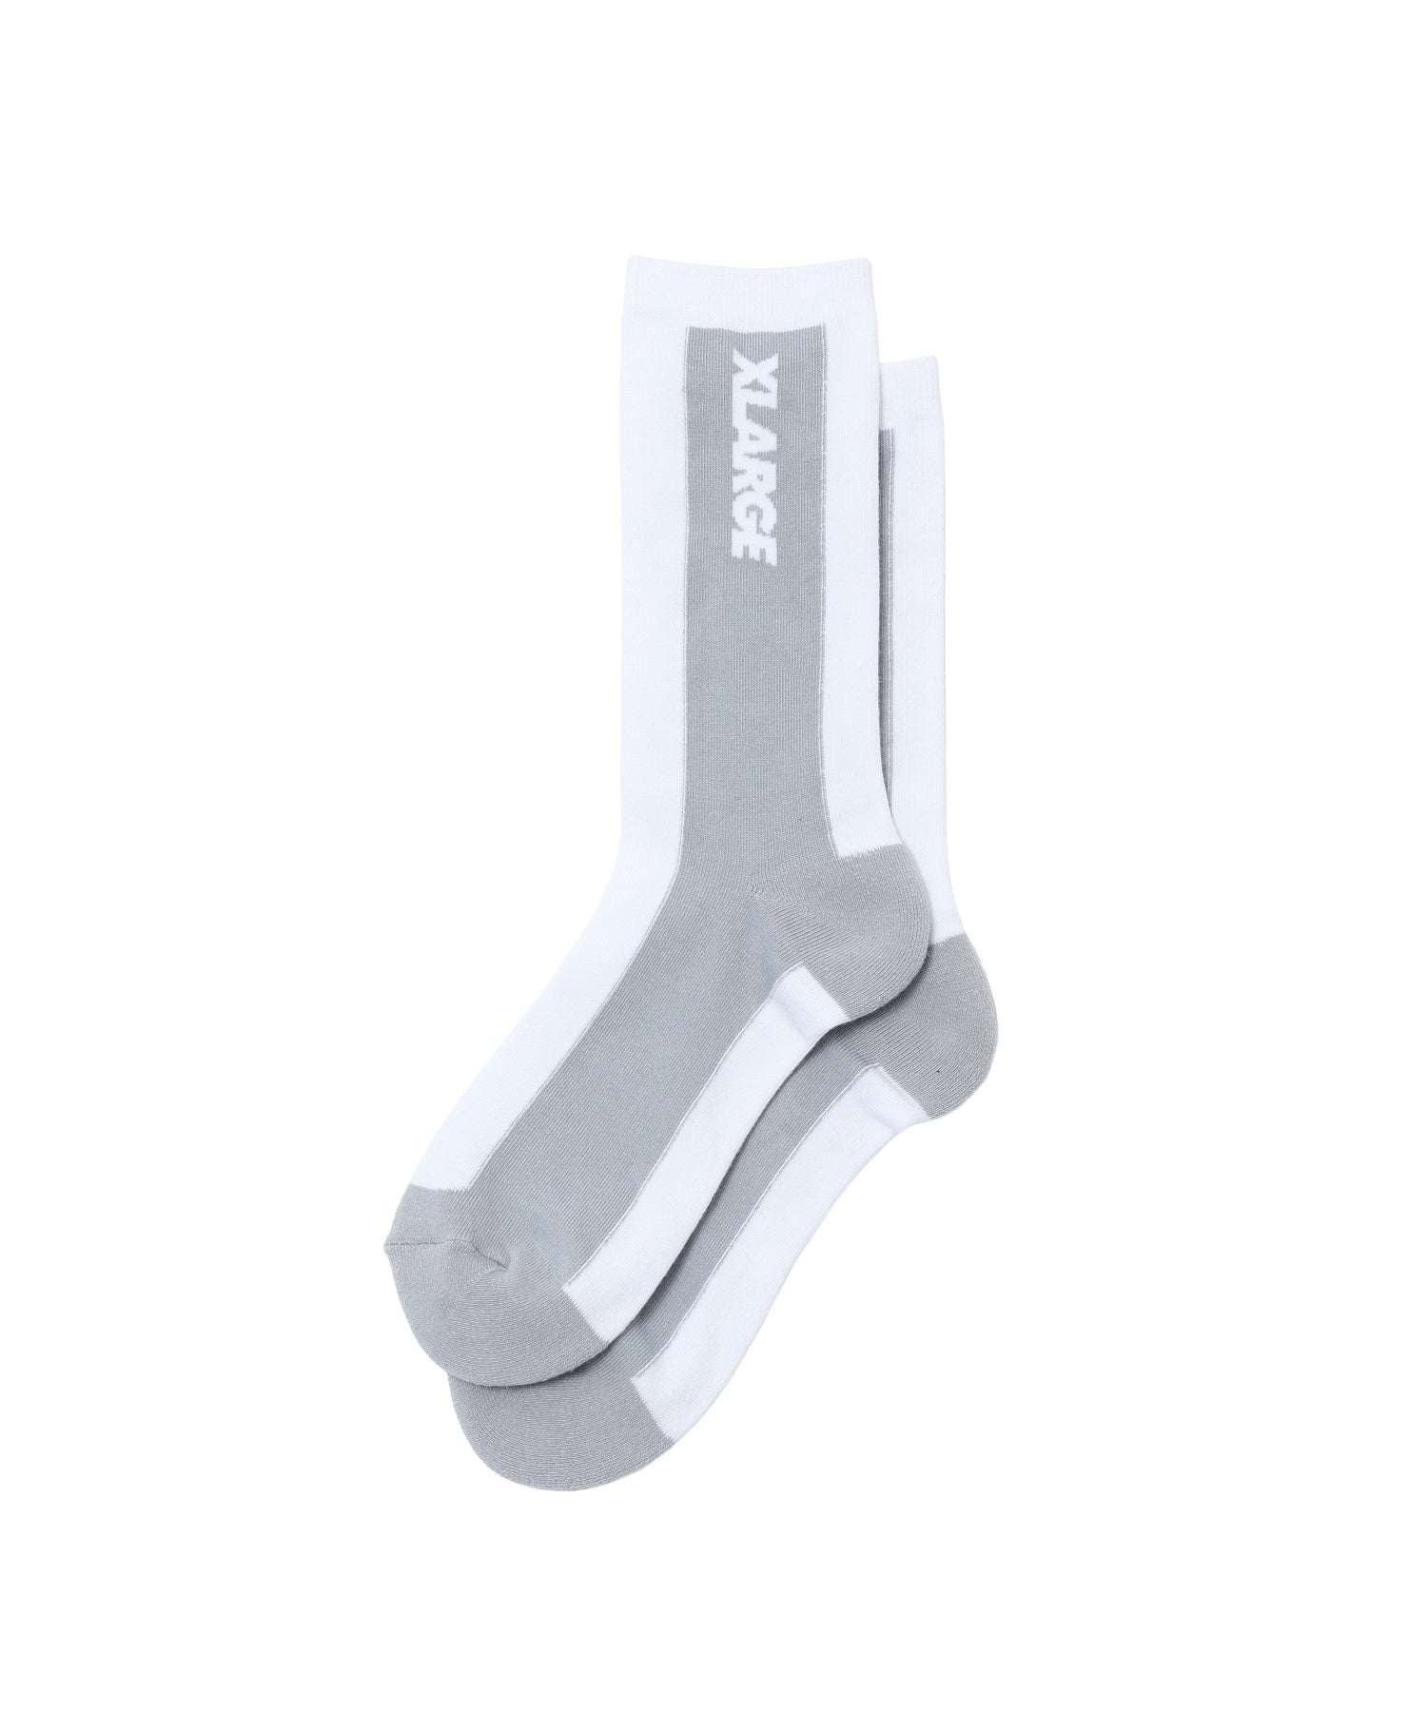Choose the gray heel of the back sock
(961, 984)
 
